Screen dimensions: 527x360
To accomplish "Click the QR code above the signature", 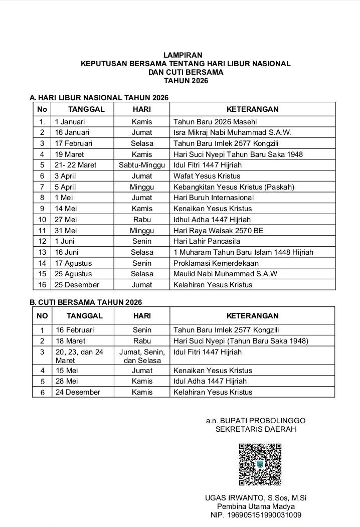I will [x=260, y=464].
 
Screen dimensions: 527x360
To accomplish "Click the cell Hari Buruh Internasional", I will [x=214, y=198].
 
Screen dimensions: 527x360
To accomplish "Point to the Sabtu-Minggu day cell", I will [x=142, y=165].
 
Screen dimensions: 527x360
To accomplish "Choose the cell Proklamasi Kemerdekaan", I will [x=216, y=263].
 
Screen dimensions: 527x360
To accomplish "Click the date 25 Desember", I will [x=77, y=285].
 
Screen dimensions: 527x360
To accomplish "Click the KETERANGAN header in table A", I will [x=252, y=109].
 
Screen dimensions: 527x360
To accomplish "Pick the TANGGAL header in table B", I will [x=84, y=316].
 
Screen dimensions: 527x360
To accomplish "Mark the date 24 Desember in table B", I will [x=78, y=392].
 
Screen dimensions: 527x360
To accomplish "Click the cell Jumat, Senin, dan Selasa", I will [x=142, y=356].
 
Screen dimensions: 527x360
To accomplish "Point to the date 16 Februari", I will [x=74, y=330].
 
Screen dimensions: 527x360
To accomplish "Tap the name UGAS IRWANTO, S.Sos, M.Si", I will [x=256, y=497].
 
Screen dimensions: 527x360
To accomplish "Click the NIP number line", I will [x=256, y=515].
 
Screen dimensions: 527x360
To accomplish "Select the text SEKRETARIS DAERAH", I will [x=256, y=429].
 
